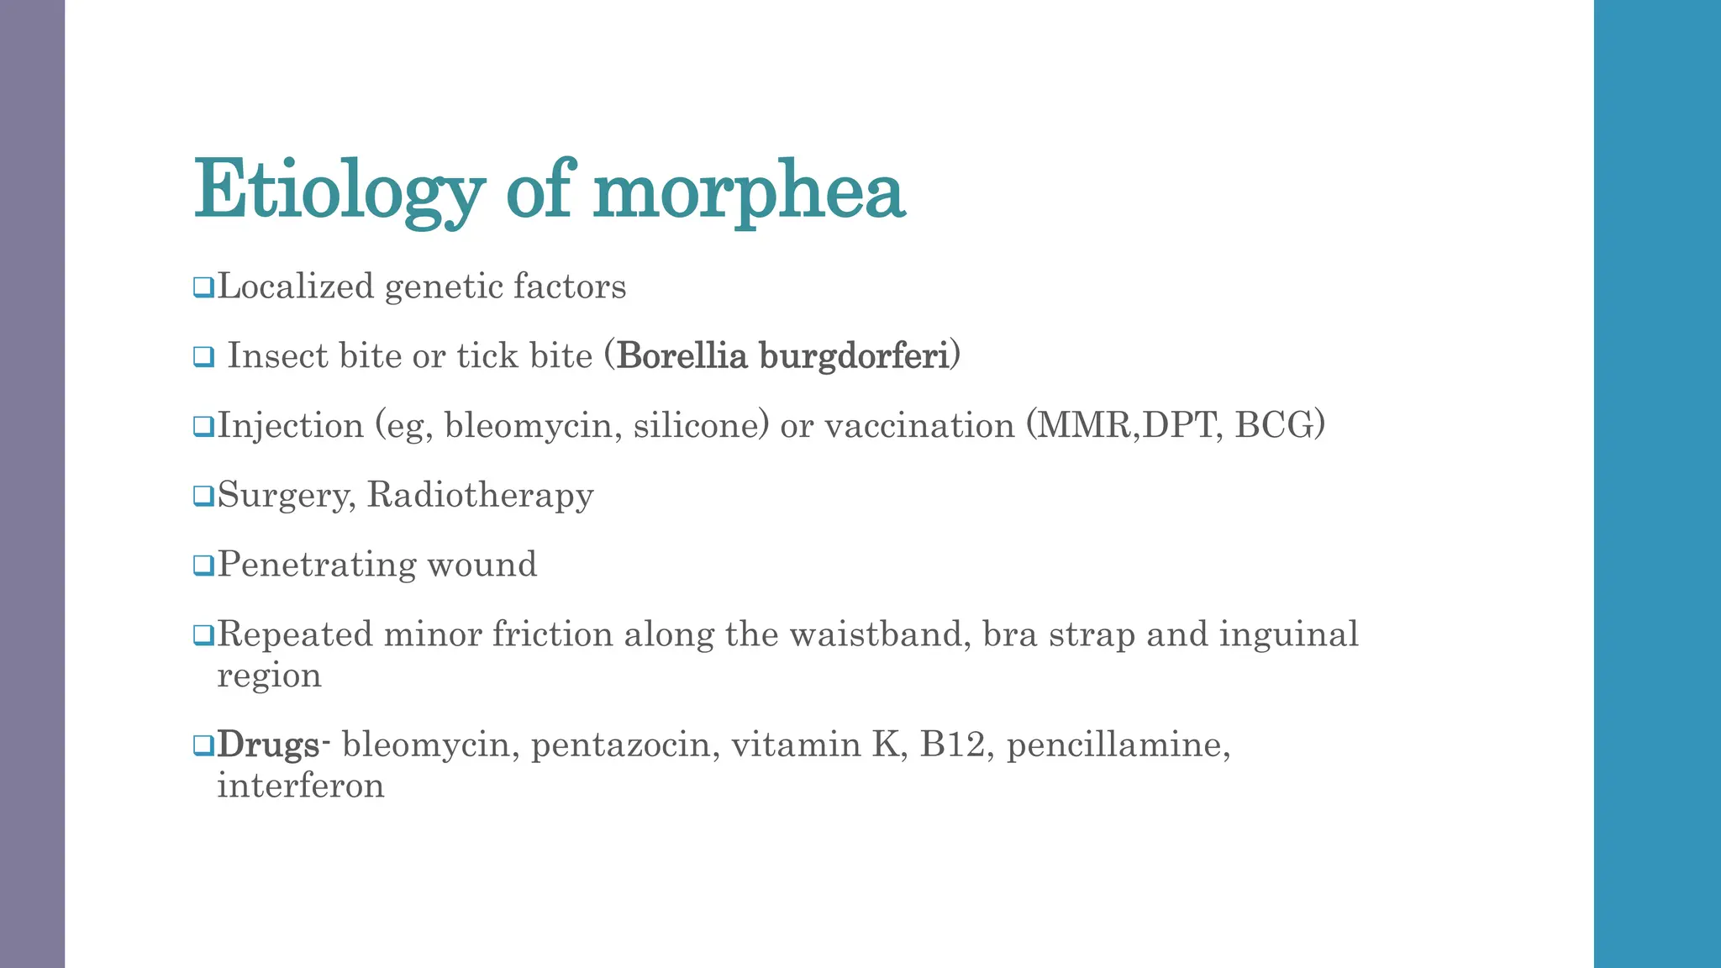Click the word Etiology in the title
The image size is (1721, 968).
pyautogui.click(x=339, y=192)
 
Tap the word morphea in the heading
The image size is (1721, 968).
pyautogui.click(x=749, y=192)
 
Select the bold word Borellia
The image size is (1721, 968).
pyautogui.click(x=682, y=355)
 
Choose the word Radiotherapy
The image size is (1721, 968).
pyautogui.click(x=480, y=495)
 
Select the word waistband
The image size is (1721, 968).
pyautogui.click(x=875, y=634)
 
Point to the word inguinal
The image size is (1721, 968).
pyautogui.click(x=1288, y=634)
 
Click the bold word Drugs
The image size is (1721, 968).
pyautogui.click(x=268, y=745)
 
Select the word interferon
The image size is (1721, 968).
pyautogui.click(x=301, y=786)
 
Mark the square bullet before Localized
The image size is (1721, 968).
pyautogui.click(x=203, y=287)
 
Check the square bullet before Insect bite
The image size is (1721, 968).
pyautogui.click(x=203, y=357)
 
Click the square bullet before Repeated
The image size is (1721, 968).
pyautogui.click(x=203, y=635)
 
